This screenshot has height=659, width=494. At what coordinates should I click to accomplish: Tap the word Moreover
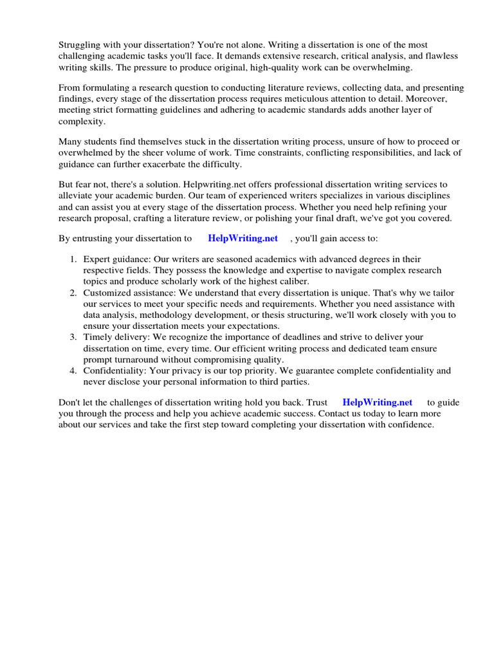pos(439,98)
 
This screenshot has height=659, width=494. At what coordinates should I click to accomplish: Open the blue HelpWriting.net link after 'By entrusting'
pos(242,238)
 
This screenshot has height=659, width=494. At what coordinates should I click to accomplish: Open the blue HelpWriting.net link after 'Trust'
pos(377,402)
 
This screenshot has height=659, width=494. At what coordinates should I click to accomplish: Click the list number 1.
pos(73,259)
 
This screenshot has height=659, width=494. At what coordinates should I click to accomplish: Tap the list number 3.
pos(73,337)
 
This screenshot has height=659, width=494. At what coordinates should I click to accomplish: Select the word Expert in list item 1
pos(96,259)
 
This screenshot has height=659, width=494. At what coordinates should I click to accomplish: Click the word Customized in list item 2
pos(106,293)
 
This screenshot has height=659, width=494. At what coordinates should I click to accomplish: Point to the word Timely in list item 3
pos(96,337)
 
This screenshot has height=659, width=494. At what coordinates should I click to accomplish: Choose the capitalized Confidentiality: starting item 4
pos(115,371)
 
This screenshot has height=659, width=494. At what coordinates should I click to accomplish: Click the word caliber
pos(293,282)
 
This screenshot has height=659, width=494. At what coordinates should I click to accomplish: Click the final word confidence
pos(412,425)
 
